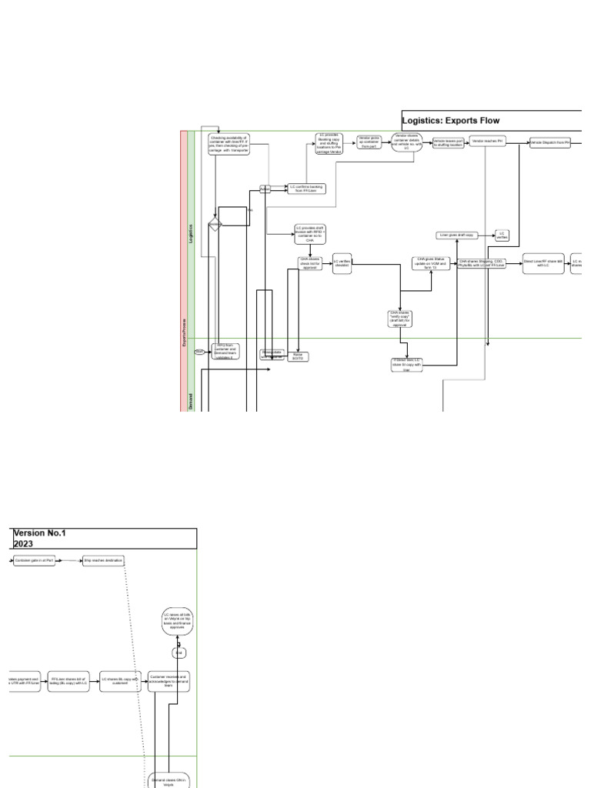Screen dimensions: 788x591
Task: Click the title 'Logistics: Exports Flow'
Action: (451, 120)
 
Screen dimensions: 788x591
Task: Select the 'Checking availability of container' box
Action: (229, 144)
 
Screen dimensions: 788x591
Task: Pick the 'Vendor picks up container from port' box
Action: (369, 142)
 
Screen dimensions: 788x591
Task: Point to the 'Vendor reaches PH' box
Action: (488, 142)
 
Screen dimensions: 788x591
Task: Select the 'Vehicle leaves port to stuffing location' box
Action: (448, 143)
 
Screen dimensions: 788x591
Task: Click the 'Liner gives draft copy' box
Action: (457, 235)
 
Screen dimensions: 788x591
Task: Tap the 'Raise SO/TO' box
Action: (298, 356)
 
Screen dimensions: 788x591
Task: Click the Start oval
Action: (200, 351)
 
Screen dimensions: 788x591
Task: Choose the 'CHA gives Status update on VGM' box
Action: (431, 263)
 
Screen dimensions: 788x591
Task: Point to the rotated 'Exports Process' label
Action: (184, 331)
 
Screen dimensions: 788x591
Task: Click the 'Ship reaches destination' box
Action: (103, 561)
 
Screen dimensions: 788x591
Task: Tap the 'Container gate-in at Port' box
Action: (35, 561)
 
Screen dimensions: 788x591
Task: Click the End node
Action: (178, 653)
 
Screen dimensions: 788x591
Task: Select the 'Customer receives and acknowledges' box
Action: (169, 681)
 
